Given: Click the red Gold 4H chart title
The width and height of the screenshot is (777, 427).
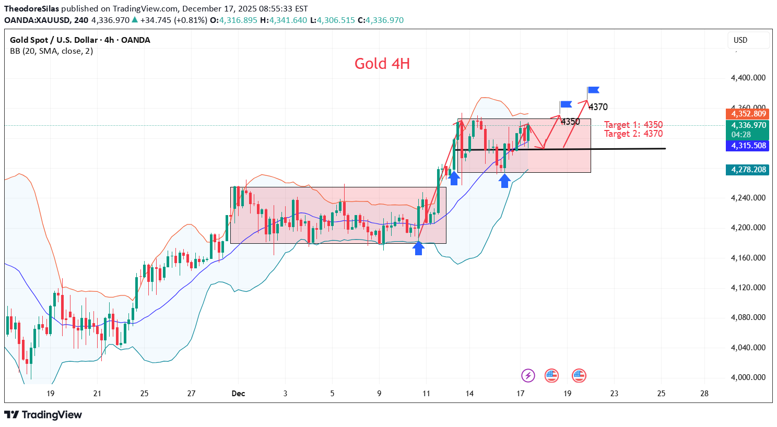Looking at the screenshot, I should point(382,64).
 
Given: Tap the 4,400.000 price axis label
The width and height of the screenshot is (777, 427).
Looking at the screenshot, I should point(748,78).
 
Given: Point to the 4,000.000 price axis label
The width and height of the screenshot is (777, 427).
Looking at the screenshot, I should point(748,377).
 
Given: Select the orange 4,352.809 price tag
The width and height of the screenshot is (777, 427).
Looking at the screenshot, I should point(748,114).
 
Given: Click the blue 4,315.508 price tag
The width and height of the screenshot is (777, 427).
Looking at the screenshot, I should point(748,146).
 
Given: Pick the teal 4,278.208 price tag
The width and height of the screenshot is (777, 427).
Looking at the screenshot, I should point(748,170).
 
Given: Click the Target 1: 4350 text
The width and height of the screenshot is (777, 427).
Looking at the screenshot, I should point(633,125).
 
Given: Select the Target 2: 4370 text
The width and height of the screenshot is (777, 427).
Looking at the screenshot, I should point(633,134).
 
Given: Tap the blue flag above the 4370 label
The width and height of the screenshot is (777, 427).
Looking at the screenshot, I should point(593,90).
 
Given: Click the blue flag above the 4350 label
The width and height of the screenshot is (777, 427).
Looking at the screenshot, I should point(566,104).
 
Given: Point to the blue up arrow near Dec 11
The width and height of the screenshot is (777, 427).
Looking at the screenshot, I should point(418,248).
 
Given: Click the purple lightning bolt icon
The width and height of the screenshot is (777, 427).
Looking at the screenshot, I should point(528,375).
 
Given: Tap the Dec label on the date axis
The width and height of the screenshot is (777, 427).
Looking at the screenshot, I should point(238,394).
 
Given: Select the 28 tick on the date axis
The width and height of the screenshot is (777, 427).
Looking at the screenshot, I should point(704,394).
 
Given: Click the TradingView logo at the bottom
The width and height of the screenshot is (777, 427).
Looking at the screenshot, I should point(43,415).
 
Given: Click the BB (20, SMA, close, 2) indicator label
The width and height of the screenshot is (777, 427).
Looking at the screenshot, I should point(51,51).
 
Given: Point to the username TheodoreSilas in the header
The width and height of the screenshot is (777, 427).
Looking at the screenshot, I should point(31,9).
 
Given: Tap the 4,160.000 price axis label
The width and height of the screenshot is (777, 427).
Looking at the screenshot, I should point(748,258).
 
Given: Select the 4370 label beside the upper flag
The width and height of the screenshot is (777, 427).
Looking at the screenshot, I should point(598,107).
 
